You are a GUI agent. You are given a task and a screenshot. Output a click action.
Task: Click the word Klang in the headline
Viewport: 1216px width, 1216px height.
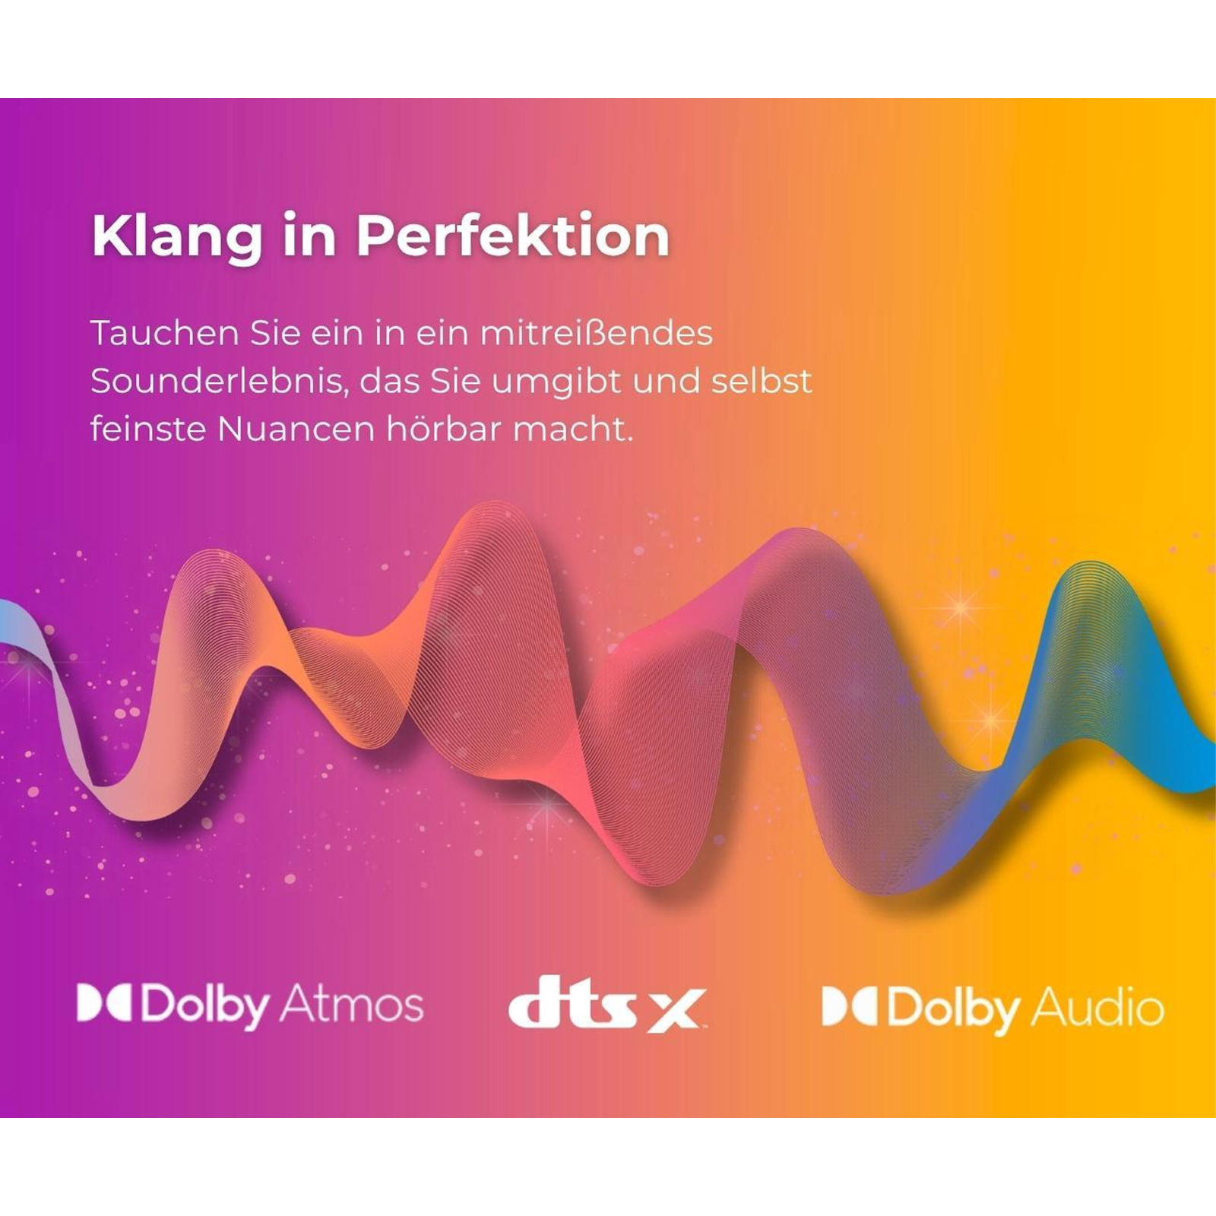click(x=176, y=237)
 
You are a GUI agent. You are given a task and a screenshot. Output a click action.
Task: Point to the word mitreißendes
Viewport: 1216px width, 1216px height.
click(x=597, y=333)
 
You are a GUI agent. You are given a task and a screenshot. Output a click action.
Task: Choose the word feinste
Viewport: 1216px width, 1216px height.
click(x=147, y=429)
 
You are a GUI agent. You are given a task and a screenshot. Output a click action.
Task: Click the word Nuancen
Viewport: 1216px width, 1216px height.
click(x=296, y=429)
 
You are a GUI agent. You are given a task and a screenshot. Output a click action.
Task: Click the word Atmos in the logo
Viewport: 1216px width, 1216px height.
click(x=352, y=1004)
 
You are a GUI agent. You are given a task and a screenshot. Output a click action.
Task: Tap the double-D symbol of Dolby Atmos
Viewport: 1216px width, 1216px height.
click(x=104, y=1003)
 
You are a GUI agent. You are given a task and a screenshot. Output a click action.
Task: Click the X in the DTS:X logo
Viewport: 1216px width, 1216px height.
click(x=675, y=1010)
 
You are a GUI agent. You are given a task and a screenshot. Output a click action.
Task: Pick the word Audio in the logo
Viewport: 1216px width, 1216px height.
click(x=1097, y=1008)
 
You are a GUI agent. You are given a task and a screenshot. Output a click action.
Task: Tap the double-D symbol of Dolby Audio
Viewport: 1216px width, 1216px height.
click(x=850, y=1006)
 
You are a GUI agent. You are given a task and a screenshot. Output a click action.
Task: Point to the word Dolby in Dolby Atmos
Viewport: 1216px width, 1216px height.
click(x=205, y=1006)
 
